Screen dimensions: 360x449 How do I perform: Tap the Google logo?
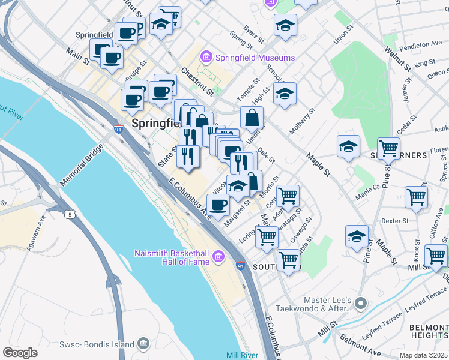20,352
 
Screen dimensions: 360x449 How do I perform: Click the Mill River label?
243,355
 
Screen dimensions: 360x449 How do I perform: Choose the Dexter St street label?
394,221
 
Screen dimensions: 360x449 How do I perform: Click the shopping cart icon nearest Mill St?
436,255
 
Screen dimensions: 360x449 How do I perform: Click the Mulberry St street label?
303,123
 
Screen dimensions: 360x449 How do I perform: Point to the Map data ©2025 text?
423,355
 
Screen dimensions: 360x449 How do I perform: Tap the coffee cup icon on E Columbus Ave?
218,205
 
